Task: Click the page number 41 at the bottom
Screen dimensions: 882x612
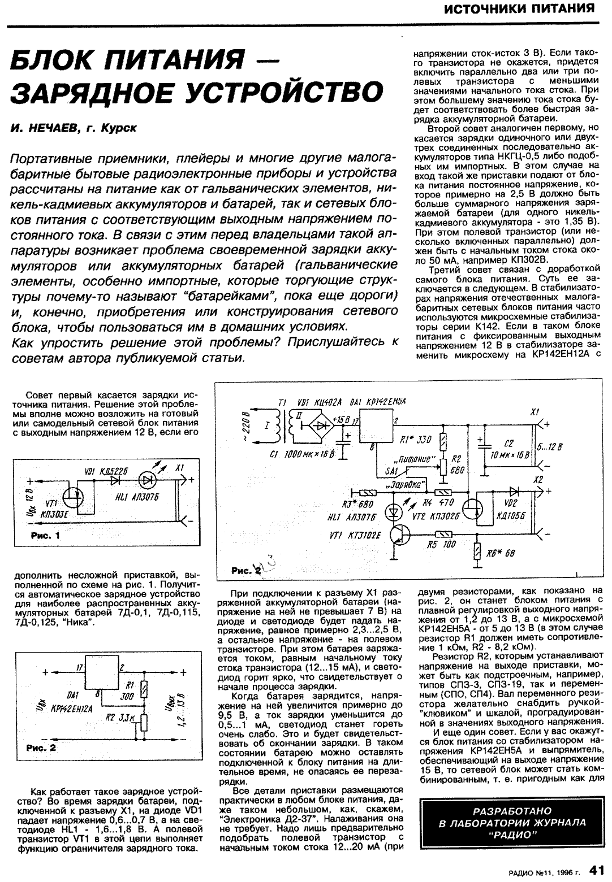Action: [597, 869]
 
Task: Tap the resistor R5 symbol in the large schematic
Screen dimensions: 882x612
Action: [443, 533]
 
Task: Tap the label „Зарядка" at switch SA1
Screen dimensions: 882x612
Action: [400, 485]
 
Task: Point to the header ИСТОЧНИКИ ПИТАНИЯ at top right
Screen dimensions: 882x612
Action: [517, 9]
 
